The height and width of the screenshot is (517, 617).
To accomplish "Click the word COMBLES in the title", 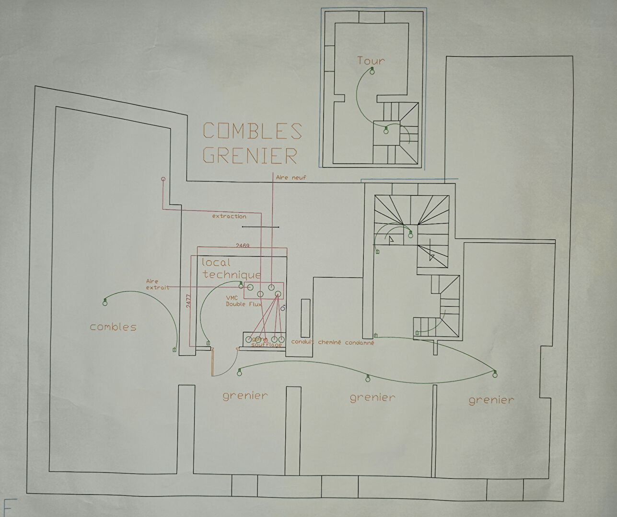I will [x=253, y=131].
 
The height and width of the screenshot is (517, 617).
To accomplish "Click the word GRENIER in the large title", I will [x=250, y=155].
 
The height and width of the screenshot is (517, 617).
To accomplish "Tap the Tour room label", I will [x=371, y=61].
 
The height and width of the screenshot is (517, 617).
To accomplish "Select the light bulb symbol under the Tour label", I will [x=372, y=72].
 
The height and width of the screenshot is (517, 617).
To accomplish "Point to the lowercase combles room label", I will [x=113, y=327].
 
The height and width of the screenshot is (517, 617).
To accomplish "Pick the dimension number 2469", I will [x=243, y=246].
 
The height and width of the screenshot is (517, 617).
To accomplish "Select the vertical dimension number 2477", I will [x=188, y=303].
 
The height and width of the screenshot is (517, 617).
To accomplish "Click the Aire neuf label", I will [x=291, y=178].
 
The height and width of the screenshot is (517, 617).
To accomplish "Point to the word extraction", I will [x=229, y=216].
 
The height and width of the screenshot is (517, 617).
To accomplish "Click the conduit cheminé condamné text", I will [x=332, y=343].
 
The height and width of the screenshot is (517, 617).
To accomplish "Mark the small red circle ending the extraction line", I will [x=163, y=179].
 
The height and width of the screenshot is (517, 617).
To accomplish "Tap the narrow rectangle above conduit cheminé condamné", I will [x=305, y=318].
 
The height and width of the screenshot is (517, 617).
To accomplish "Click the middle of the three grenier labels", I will [x=373, y=397].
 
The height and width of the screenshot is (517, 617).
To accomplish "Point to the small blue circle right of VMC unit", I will [x=283, y=309].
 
